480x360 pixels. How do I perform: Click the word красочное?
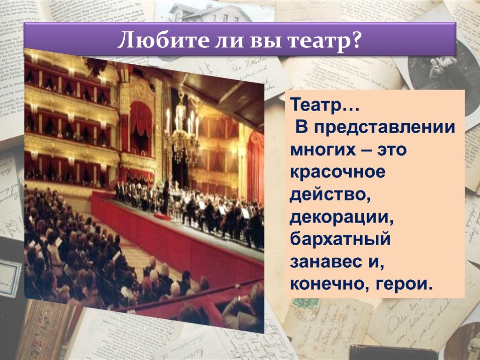pos(337,172)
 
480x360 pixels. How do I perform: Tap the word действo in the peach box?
pos(330,195)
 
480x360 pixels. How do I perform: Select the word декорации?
pos(342,217)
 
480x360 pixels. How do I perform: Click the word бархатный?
pos(340,240)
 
